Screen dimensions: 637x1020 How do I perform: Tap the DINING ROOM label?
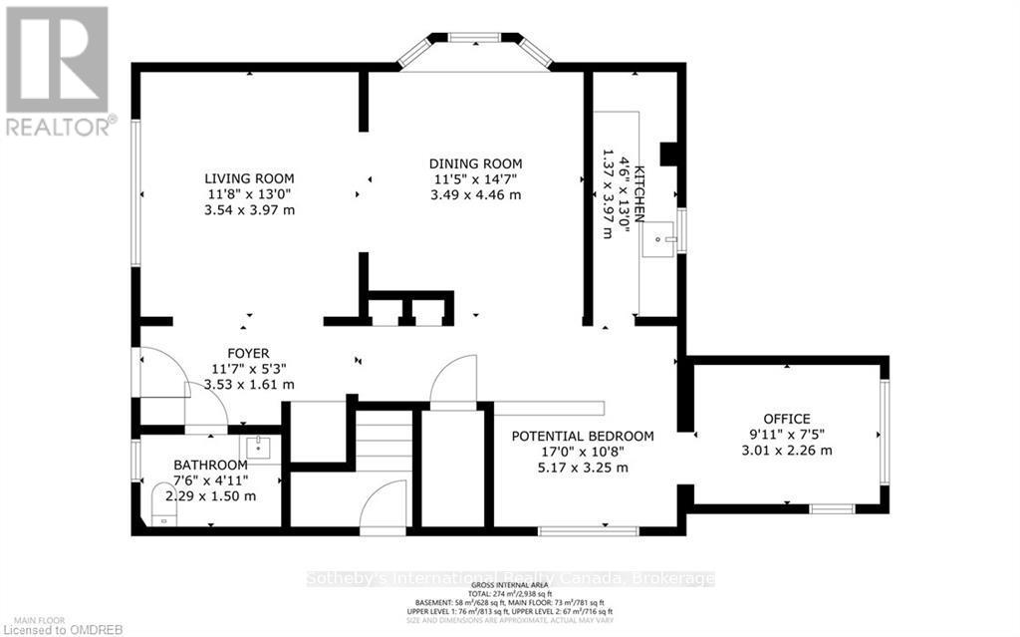pos(475,163)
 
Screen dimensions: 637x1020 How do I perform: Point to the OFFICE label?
pos(786,419)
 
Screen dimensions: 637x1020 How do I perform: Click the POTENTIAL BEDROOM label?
pos(583,436)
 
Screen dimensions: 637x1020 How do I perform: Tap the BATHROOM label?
pos(210,465)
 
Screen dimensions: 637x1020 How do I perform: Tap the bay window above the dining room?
pos(474,40)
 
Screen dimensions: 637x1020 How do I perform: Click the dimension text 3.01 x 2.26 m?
pos(786,450)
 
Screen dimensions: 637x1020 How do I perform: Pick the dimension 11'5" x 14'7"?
pos(475,179)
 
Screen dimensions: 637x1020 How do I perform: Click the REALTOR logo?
pos(56,70)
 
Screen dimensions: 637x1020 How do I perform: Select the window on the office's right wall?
pos(882,434)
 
